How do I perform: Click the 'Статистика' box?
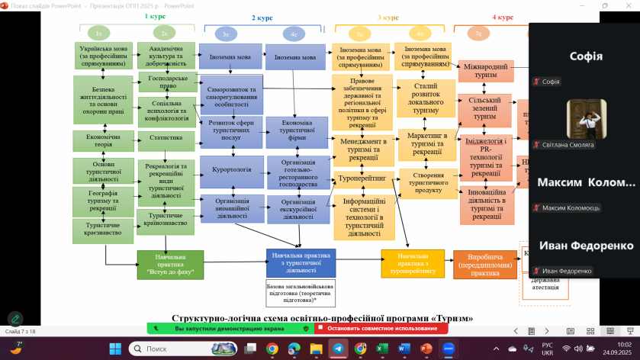pos(166,138)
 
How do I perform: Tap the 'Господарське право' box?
pos(166,82)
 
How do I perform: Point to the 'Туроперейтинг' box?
pos(363,178)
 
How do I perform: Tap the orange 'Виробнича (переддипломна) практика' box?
pos(484,263)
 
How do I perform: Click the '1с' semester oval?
pos(99,34)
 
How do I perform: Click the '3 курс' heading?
pos(388,17)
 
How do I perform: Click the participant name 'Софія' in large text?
pos(585,56)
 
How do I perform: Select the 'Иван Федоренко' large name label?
pos(585,246)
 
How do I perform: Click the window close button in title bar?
pos(628,5)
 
